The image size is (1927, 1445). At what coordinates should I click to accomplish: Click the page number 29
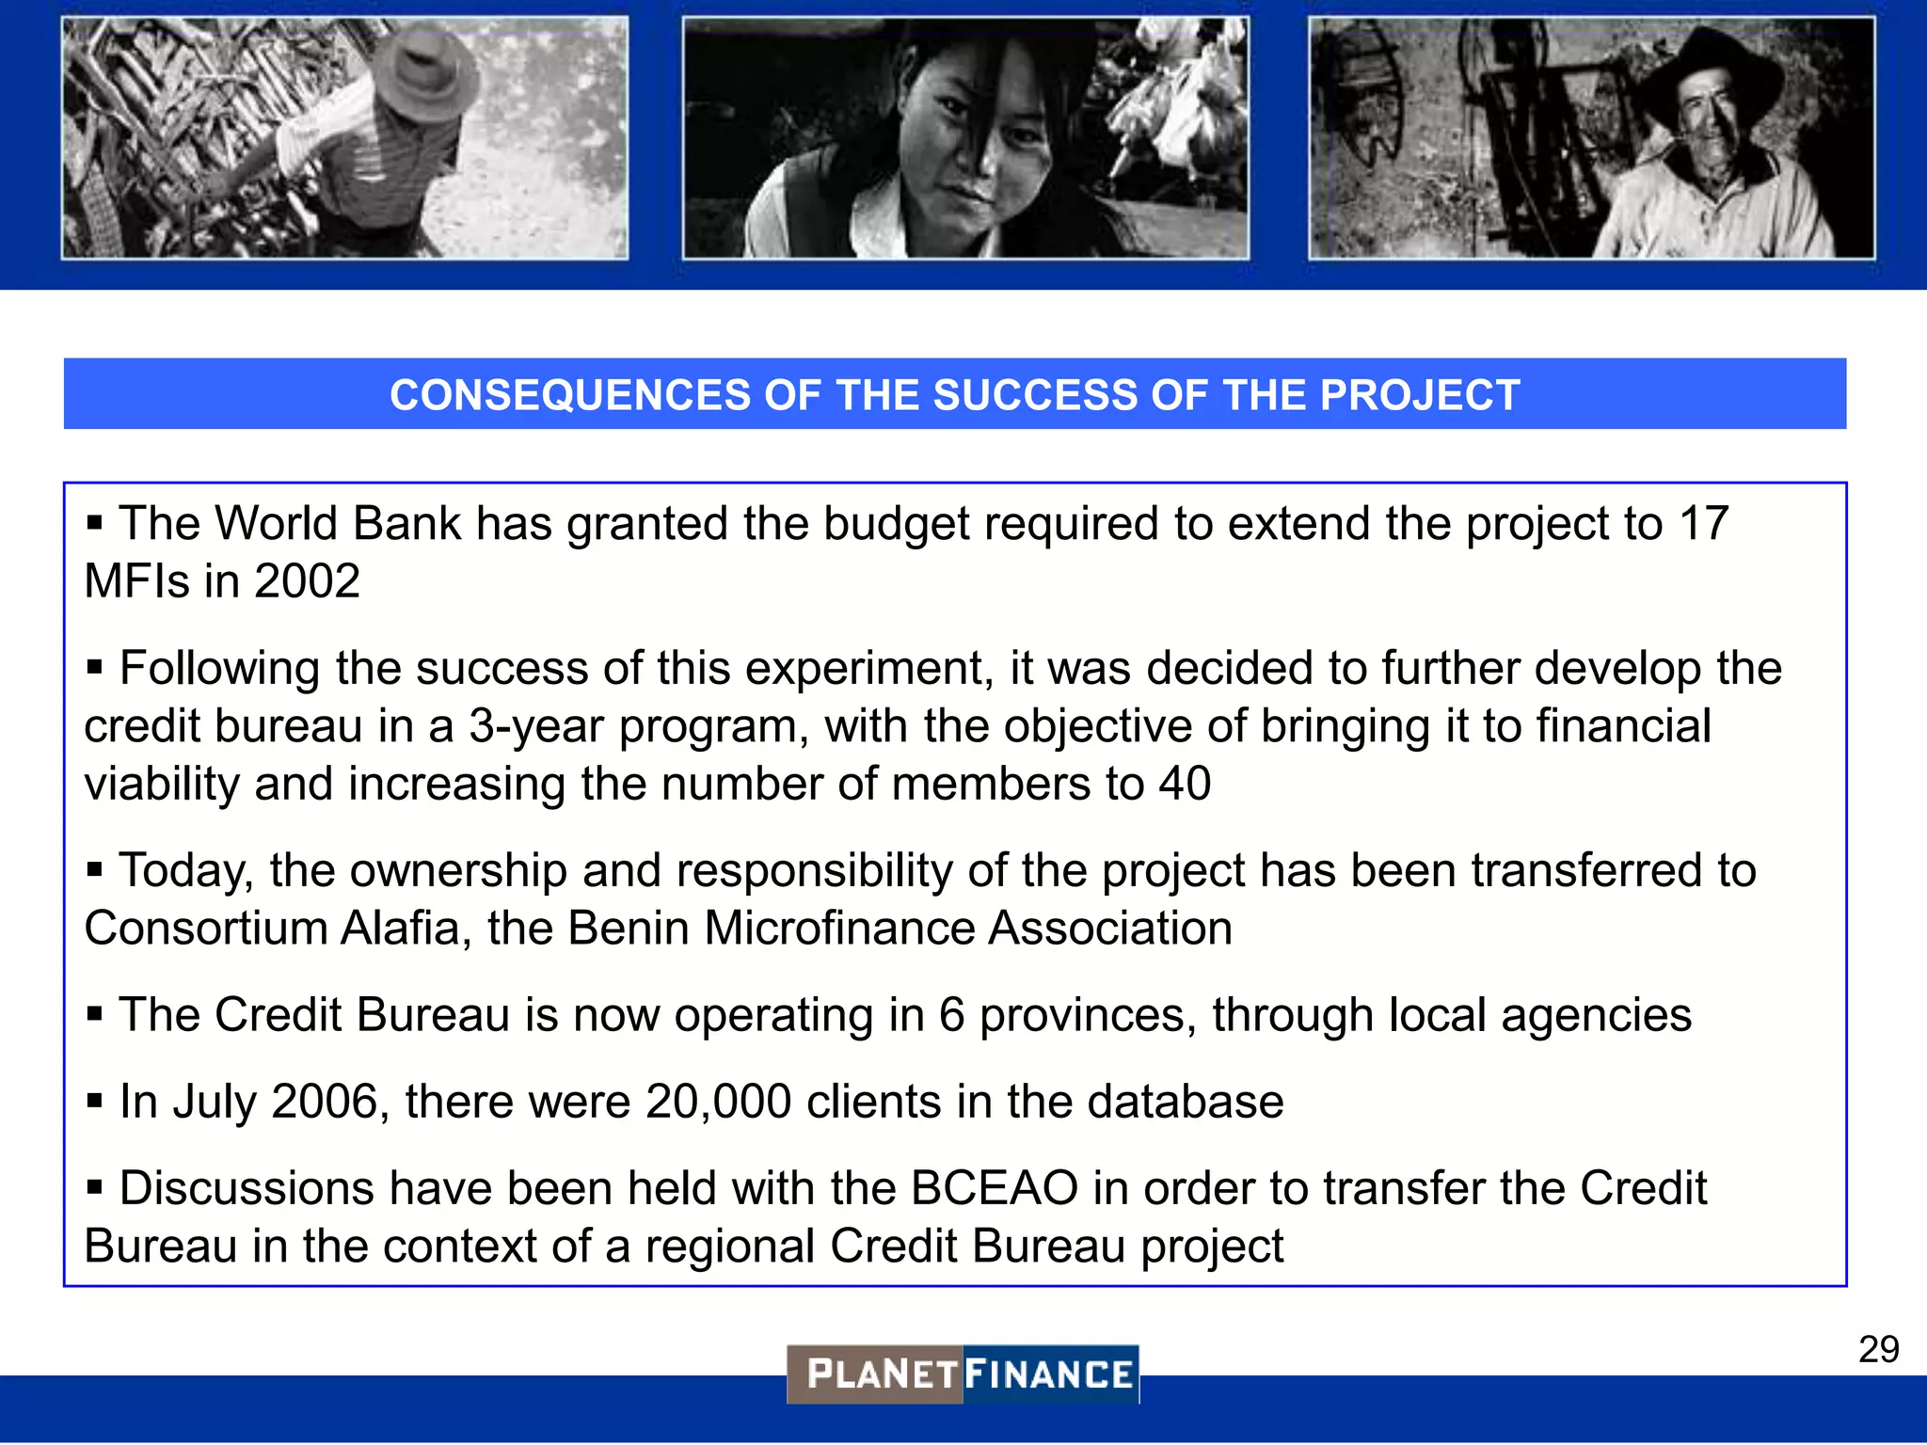point(1878,1349)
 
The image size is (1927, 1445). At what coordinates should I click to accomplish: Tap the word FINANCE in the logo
point(1049,1374)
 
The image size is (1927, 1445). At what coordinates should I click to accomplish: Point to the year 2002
point(307,581)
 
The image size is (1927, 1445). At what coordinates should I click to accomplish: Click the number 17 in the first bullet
point(1703,523)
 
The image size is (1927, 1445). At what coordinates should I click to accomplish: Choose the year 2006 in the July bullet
point(325,1102)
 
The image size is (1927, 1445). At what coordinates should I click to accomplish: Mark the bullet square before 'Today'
point(94,869)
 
